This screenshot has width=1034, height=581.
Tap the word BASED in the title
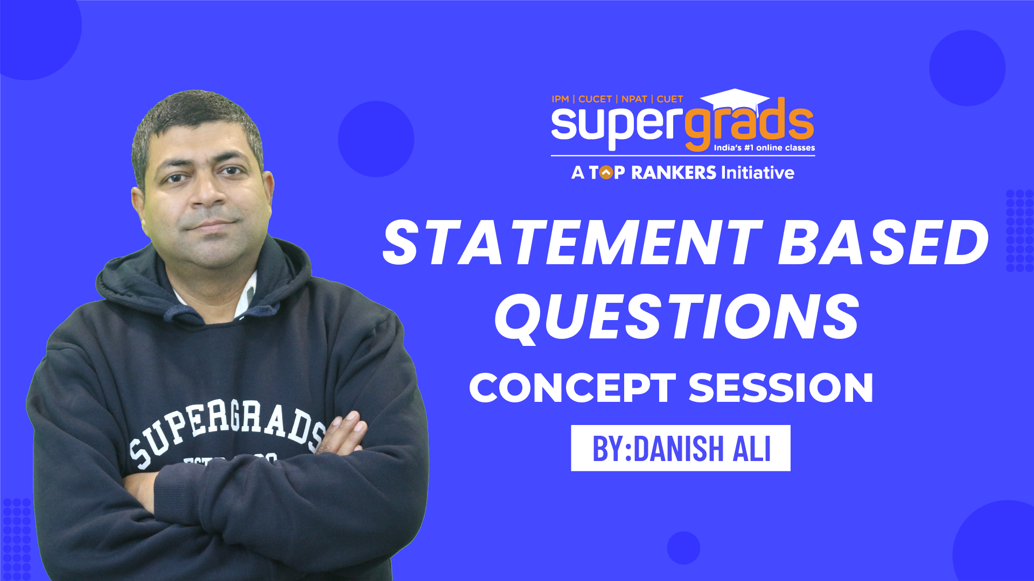tap(883, 243)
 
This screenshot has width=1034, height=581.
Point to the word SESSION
tap(781, 388)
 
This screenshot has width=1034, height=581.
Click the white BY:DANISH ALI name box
tap(681, 448)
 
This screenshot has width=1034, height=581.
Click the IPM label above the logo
tap(560, 99)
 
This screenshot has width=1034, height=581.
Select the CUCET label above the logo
tap(595, 99)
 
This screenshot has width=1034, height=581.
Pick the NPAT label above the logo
tap(634, 99)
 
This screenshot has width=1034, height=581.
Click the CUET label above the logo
tap(669, 99)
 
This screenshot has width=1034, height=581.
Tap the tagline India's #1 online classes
tap(764, 148)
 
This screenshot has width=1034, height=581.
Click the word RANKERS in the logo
tap(673, 173)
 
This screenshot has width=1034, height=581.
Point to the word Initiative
tap(758, 173)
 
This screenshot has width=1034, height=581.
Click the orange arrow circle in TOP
tap(606, 173)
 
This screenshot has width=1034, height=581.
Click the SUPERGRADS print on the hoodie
tap(226, 430)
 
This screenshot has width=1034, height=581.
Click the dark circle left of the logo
tap(376, 139)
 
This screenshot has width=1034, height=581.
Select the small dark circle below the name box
tap(683, 548)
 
